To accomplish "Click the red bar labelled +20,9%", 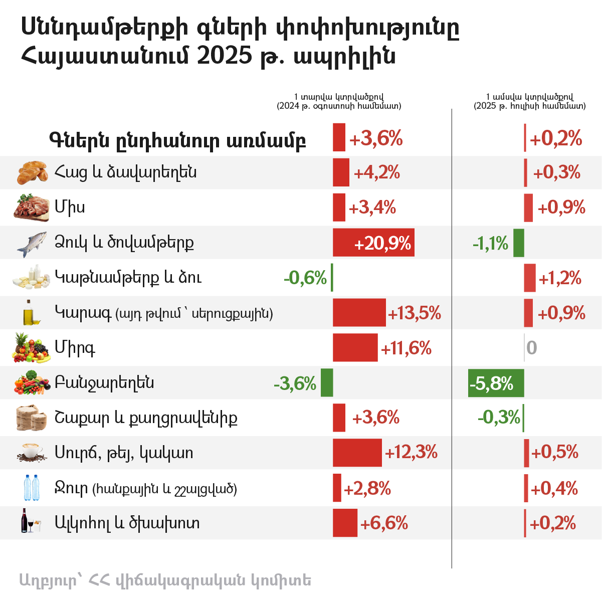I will (373, 243).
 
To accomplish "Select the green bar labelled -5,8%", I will (496, 383).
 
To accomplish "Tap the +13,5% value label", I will (415, 314).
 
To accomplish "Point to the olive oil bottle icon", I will (30, 313).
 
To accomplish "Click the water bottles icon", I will (32, 488).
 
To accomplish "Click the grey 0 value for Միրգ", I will (532, 348).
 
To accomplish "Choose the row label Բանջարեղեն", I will (104, 383).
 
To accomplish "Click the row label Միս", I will (70, 207).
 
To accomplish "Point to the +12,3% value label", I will (411, 453).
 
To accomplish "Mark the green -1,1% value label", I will (490, 244).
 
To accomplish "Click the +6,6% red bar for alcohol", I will (345, 523).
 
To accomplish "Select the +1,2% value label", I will (560, 278).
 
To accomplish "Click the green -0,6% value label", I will (305, 278).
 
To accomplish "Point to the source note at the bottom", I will (165, 580).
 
